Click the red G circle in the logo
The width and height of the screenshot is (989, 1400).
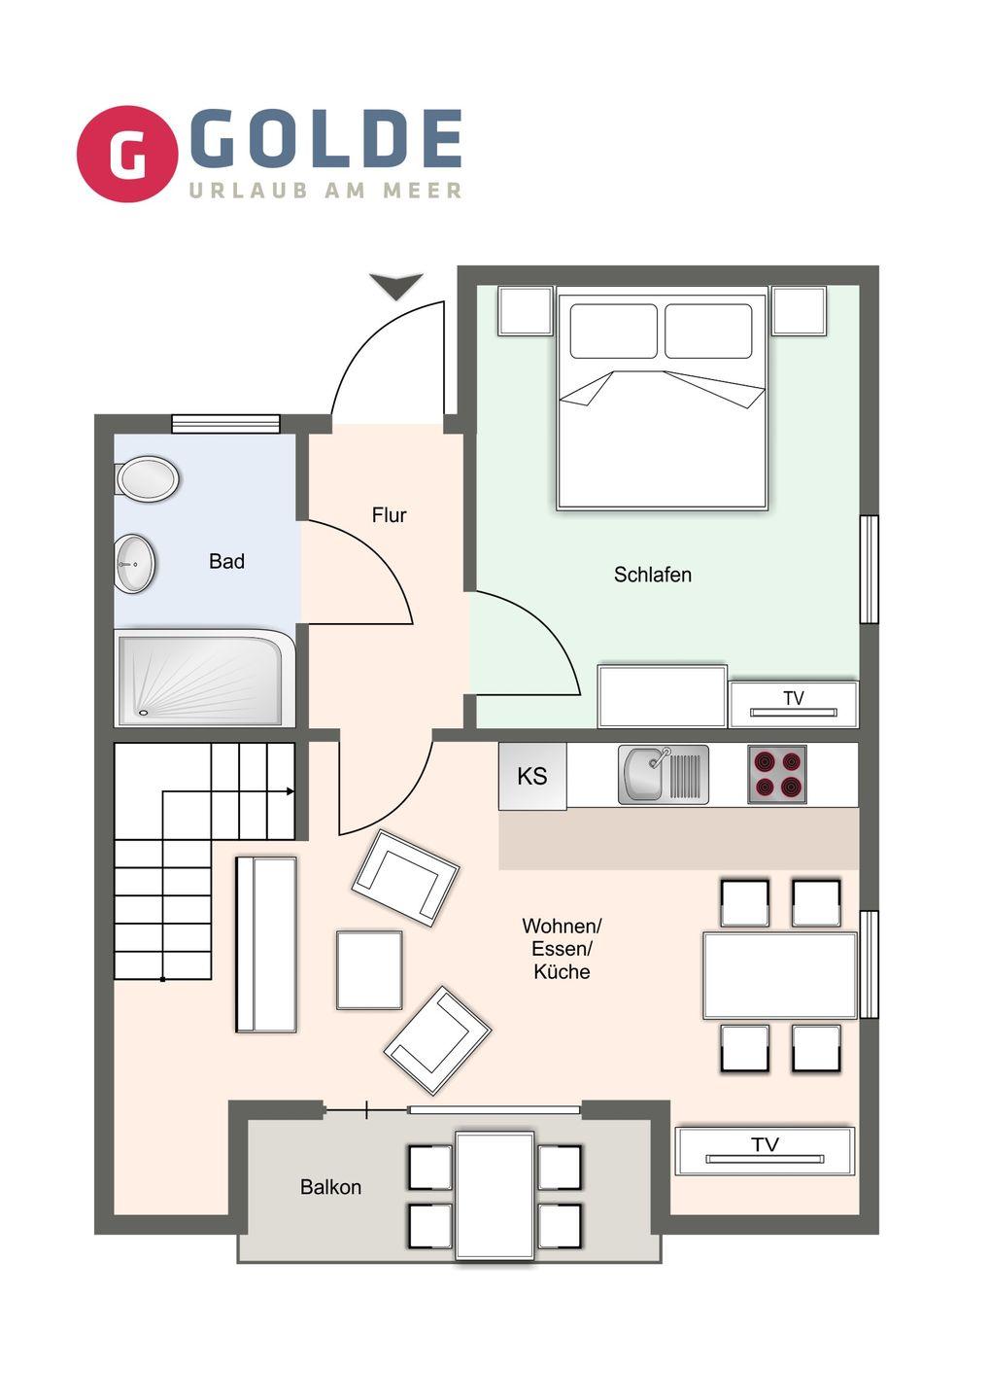coord(126,154)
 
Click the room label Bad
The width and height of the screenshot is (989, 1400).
coord(226,561)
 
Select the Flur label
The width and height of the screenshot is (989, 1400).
coord(389,515)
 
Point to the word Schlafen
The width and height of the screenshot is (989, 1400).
coord(653,575)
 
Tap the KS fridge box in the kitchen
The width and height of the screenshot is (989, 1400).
coord(532,776)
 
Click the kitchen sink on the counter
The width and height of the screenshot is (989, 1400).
coord(664,774)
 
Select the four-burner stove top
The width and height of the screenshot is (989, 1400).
coord(776,774)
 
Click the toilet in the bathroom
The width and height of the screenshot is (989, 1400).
coord(148,478)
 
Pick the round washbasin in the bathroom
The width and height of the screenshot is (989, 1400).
coord(135,563)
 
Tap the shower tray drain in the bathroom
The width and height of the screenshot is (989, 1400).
coord(144,712)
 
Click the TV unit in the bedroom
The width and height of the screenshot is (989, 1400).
coord(794,704)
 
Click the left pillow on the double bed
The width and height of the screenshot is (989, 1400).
coord(614,331)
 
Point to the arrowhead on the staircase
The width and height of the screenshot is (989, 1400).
coord(290,791)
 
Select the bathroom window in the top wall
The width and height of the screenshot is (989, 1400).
coord(225,423)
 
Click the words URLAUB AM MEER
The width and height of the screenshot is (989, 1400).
coord(325,190)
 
